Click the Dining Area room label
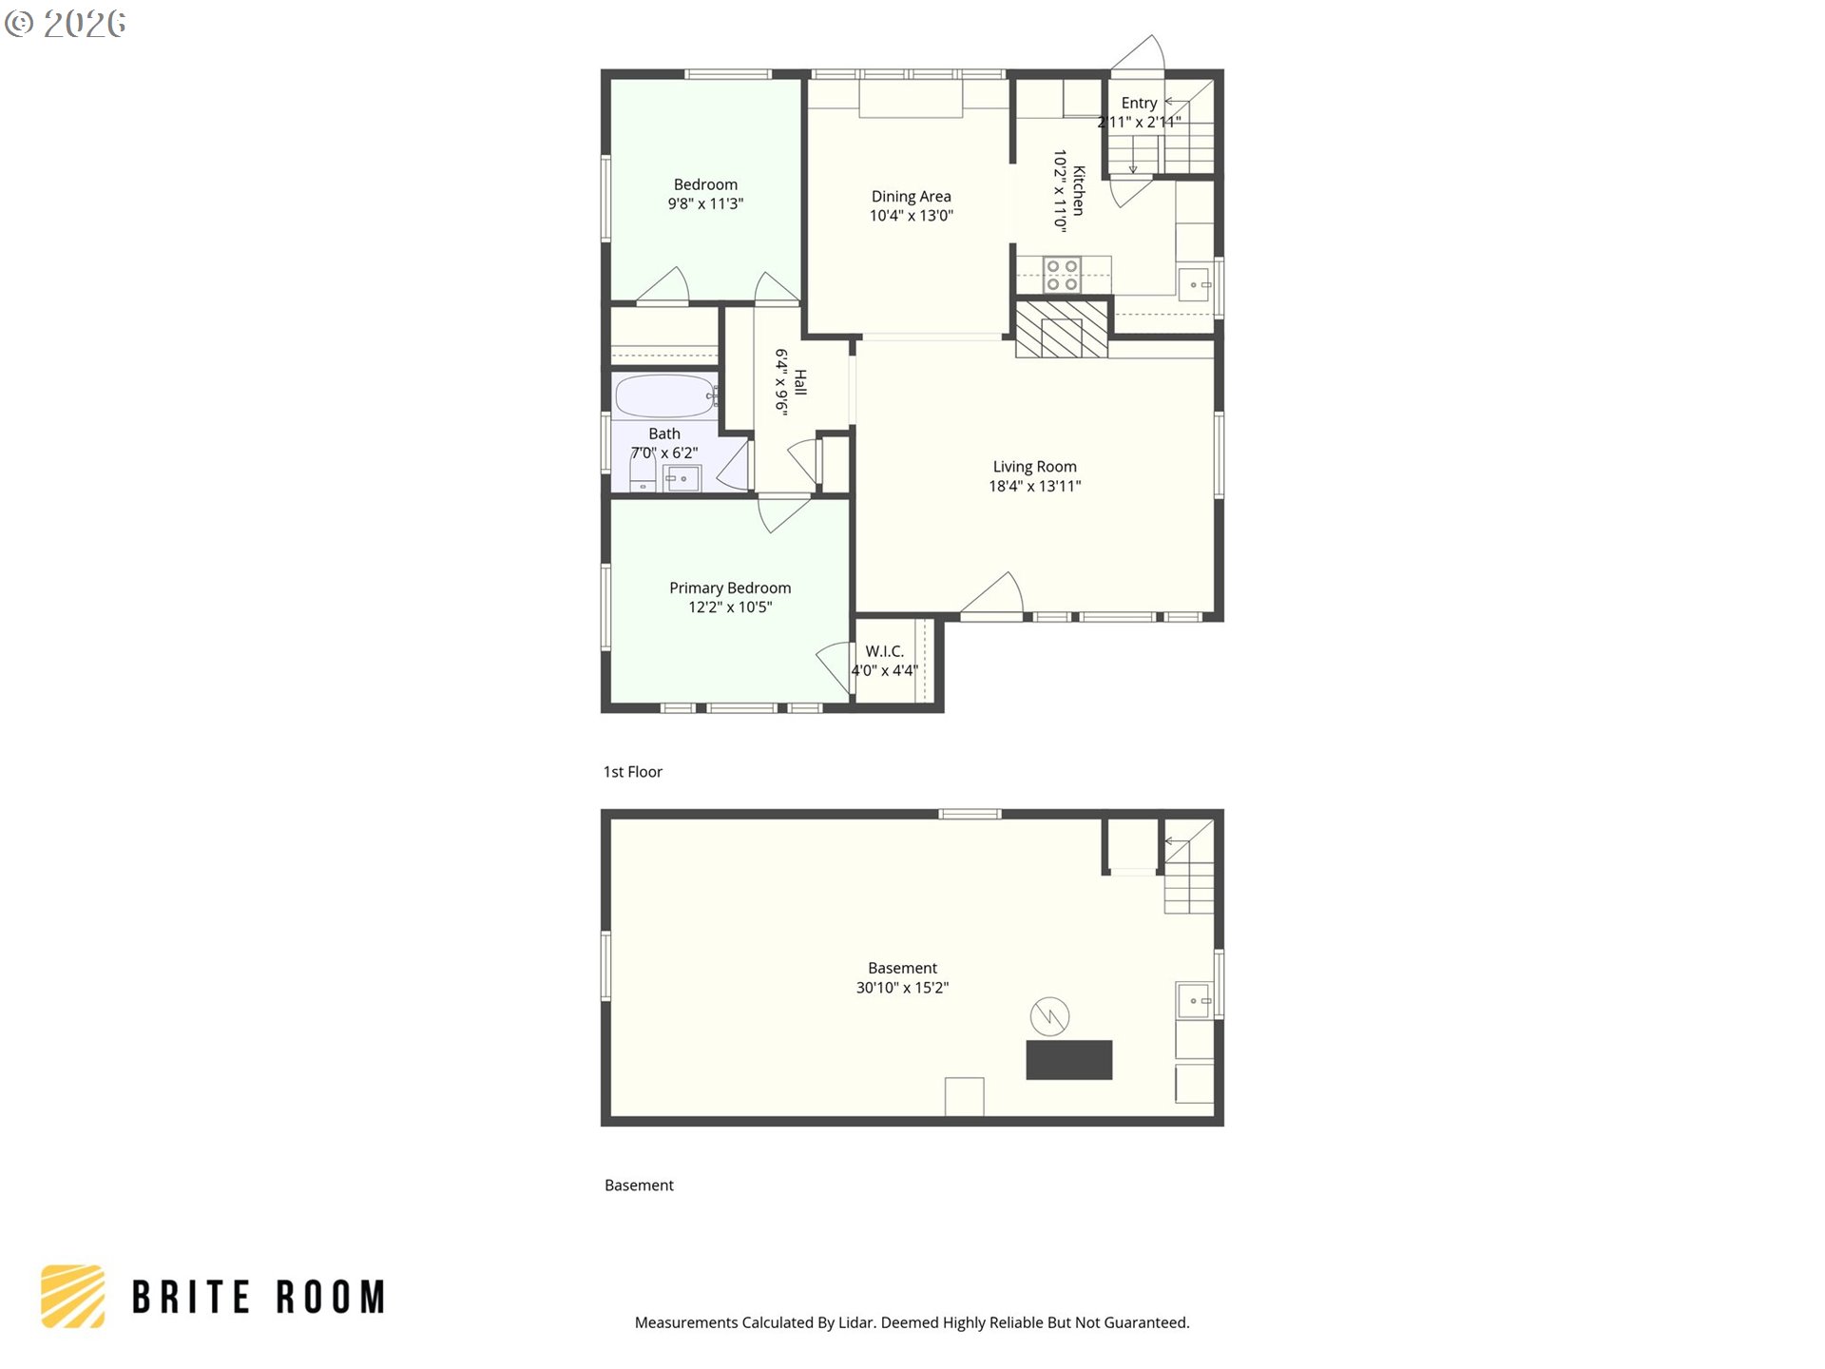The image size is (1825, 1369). pos(911,197)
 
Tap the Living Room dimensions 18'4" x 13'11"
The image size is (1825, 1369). pos(1034,487)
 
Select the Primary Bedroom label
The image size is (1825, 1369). pos(730,588)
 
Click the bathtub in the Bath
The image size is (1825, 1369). pos(664,396)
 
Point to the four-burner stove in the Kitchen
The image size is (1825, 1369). pos(1062,275)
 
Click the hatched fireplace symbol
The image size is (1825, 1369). pos(1062,329)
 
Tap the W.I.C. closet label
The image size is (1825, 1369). pos(884,651)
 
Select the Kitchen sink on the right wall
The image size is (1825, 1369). pos(1194,284)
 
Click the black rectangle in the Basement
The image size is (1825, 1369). pos(1069,1060)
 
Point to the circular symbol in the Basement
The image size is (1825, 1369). pos(1049,1016)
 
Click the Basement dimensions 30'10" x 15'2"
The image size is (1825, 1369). pos(902,988)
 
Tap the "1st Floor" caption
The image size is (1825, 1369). pos(632,772)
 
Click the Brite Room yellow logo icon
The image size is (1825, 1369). pos(72,1296)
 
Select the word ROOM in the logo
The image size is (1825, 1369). pos(331,1298)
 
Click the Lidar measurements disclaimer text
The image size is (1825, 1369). pos(912,1322)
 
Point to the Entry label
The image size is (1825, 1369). pos(1139,103)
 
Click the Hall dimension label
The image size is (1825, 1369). pos(780,382)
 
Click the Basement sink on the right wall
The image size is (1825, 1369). pos(1194,1001)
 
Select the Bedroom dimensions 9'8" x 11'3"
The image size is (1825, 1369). pos(705,203)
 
